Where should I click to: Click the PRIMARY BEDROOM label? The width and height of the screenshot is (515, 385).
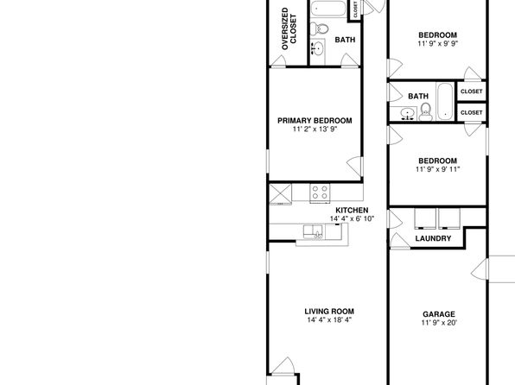315,121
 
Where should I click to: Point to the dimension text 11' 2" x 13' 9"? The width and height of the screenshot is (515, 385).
315,129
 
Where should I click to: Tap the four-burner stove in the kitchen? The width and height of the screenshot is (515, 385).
320,192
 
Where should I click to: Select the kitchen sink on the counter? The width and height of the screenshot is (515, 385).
313,231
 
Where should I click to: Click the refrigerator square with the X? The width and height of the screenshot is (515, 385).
281,193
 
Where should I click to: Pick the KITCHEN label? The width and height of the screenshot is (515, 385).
352,210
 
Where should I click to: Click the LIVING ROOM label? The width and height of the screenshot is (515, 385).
329,312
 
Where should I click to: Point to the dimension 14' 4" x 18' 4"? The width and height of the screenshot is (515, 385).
329,320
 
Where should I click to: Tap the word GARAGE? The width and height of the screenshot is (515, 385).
439,314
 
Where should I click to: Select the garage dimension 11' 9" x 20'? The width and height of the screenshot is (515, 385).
439,323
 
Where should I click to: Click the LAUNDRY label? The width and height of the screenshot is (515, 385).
433,238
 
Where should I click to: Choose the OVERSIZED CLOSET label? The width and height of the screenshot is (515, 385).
289,28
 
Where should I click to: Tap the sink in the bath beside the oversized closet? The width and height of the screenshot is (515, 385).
317,49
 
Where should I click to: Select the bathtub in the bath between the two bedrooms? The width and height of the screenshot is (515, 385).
445,102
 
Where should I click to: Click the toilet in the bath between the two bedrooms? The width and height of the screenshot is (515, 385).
426,111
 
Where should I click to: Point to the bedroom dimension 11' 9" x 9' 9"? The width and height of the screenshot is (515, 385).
438,44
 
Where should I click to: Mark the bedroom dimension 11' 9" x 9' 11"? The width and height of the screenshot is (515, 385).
438,169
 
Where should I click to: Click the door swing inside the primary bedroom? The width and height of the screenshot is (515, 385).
355,167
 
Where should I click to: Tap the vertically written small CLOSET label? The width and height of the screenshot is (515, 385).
355,9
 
